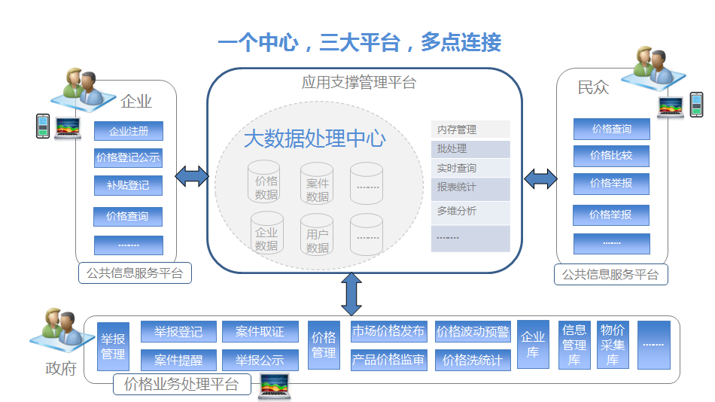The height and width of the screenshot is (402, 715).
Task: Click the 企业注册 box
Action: [x=129, y=131]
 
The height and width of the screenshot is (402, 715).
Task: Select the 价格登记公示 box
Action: [x=129, y=158]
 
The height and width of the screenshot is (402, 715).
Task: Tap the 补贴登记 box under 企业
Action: [x=129, y=185]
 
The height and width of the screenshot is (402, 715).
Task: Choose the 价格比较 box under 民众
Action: [x=611, y=156]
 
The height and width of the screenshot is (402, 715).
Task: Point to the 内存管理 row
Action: [x=470, y=129]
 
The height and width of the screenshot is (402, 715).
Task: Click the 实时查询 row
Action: [x=470, y=168]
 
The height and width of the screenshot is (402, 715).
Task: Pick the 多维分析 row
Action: [x=470, y=212]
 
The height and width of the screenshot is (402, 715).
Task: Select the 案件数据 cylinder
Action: [x=318, y=184]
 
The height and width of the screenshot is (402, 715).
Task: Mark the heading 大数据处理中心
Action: [x=315, y=139]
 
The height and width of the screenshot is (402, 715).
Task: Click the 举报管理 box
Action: [x=114, y=346]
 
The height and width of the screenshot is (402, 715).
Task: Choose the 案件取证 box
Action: [x=260, y=332]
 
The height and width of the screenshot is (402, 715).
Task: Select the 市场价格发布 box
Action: [x=388, y=332]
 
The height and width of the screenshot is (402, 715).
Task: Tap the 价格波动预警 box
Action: [x=473, y=332]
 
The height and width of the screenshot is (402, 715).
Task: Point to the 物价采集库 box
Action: [x=613, y=345]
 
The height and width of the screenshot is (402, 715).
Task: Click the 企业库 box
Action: [x=533, y=345]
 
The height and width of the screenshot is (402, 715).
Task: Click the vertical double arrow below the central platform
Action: [x=351, y=294]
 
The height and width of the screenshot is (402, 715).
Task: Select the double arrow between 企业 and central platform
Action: [x=192, y=177]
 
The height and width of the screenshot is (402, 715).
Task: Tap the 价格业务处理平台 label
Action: [x=181, y=385]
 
